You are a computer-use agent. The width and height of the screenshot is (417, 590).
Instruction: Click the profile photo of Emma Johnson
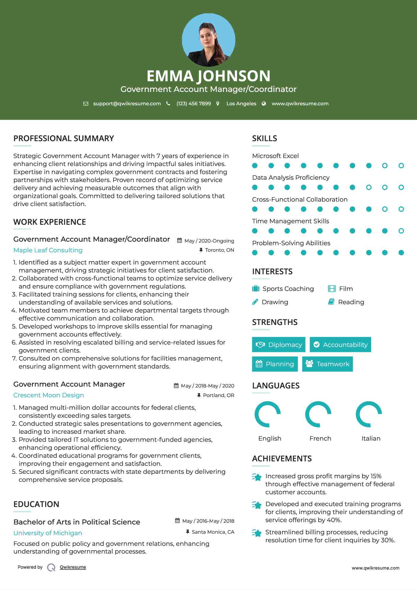(x=208, y=40)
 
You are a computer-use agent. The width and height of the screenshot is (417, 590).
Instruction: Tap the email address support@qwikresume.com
(x=127, y=103)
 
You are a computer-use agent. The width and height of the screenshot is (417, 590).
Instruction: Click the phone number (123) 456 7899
(x=194, y=103)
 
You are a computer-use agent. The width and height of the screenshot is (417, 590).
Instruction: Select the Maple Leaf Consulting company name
(x=48, y=250)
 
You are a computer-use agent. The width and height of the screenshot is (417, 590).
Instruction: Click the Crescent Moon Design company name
(x=49, y=395)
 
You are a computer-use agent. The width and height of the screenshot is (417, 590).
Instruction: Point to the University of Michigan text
(x=48, y=533)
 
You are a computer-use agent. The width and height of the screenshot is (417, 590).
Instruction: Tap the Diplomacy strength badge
(x=279, y=345)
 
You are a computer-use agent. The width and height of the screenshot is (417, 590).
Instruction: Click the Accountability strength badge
(x=340, y=345)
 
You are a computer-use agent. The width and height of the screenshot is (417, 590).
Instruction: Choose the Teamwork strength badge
(x=327, y=364)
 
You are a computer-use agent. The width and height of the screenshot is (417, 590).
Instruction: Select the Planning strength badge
(x=275, y=364)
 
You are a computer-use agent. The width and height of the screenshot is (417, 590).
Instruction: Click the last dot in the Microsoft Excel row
(x=401, y=166)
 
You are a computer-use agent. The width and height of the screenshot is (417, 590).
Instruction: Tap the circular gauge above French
(x=318, y=414)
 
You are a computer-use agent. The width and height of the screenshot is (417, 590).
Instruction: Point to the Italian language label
(x=371, y=438)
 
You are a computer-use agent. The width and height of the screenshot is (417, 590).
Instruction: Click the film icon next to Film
(x=332, y=289)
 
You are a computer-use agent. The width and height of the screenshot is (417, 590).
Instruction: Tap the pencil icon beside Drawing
(x=255, y=302)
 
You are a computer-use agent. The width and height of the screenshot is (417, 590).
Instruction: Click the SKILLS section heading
(x=264, y=138)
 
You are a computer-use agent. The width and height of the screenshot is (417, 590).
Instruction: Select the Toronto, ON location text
(x=219, y=250)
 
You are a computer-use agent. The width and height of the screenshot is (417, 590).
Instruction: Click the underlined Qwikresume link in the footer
(x=73, y=567)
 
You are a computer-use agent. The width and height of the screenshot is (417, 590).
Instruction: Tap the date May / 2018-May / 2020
(x=207, y=386)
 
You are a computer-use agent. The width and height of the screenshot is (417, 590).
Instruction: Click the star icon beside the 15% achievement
(x=257, y=477)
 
